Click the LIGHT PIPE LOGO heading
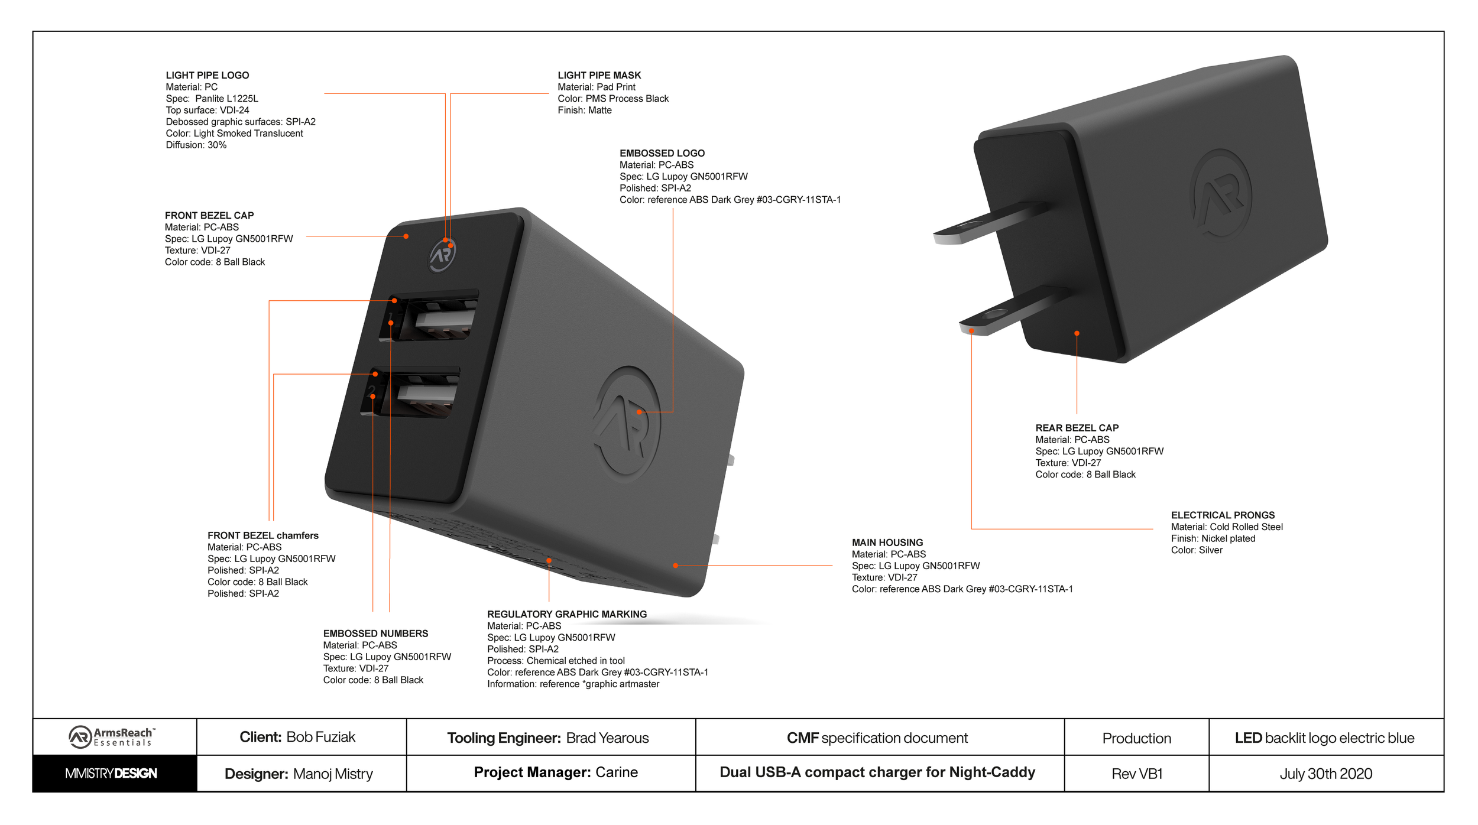click(208, 75)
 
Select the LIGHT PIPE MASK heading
click(599, 75)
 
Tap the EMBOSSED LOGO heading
click(662, 153)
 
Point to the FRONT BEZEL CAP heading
click(209, 216)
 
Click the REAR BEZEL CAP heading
click(1077, 428)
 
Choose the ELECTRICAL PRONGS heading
click(1223, 515)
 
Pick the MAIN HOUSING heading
click(887, 543)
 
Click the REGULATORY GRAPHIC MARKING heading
click(567, 614)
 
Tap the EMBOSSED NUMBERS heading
click(375, 634)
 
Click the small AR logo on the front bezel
click(442, 255)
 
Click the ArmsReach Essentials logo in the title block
click(112, 737)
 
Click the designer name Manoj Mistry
click(333, 774)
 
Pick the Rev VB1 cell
click(1137, 774)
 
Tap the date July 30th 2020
click(1326, 774)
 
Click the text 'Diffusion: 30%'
click(196, 145)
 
